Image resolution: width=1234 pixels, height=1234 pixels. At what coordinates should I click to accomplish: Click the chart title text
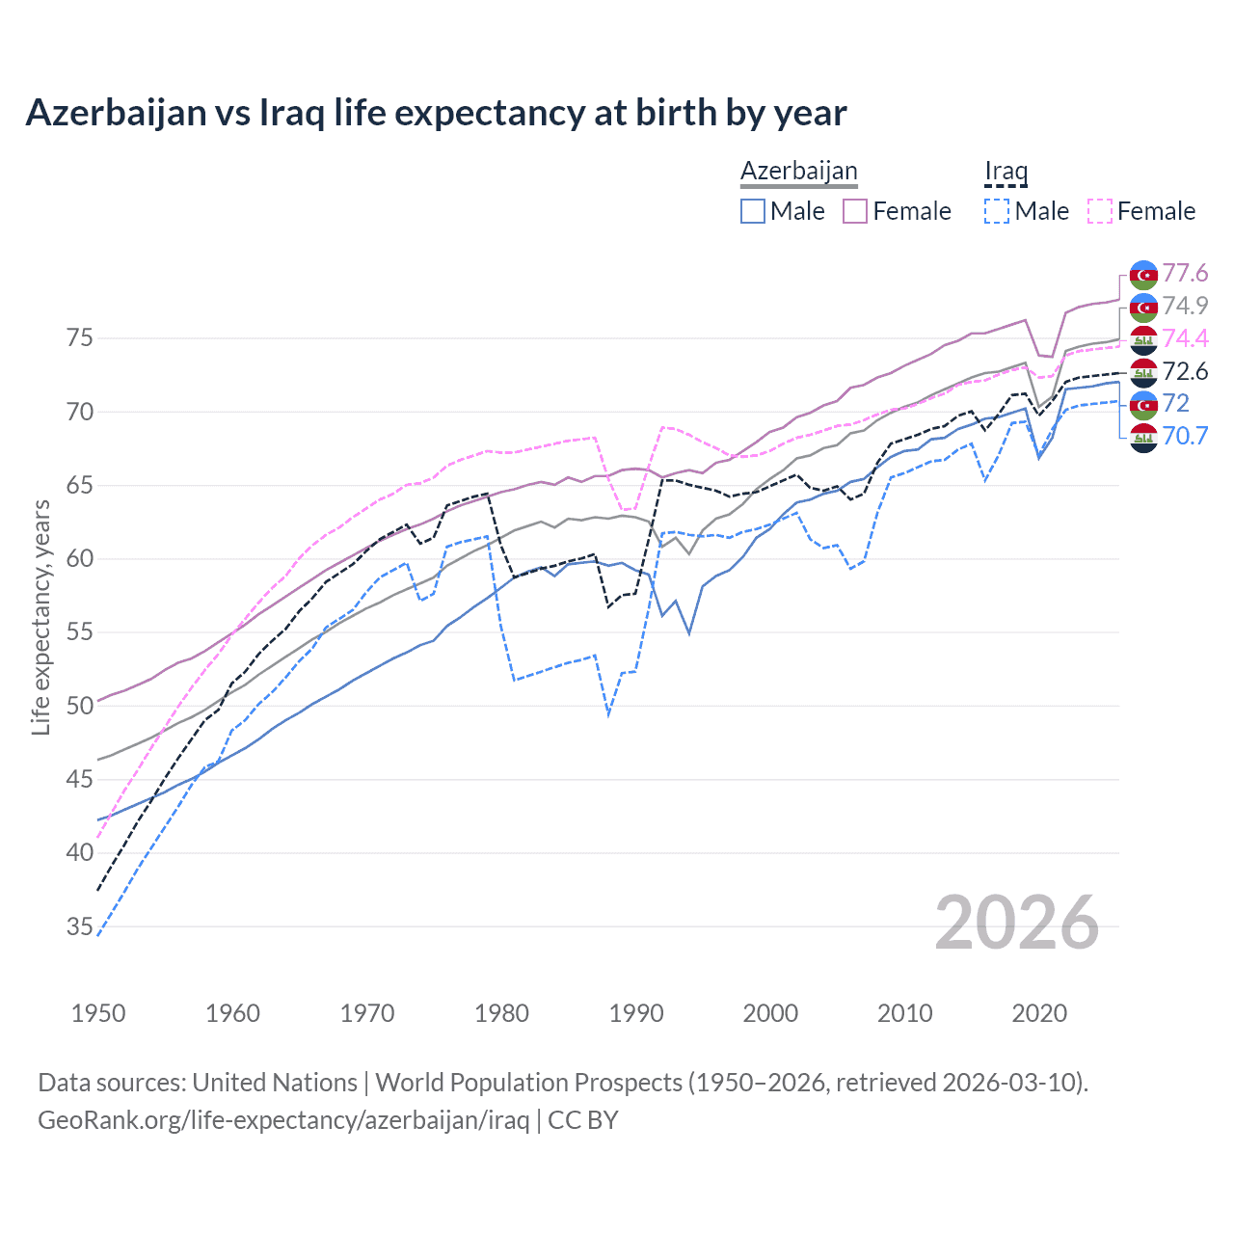436,113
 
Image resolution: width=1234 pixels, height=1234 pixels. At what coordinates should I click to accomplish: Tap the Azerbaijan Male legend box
753,211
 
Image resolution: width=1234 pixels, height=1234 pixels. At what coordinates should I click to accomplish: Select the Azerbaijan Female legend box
855,211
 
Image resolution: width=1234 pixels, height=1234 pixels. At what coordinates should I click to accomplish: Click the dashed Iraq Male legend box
997,211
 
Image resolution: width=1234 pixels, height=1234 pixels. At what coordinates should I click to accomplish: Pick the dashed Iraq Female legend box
1099,211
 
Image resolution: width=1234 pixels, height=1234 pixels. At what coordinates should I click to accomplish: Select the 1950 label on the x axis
98,1013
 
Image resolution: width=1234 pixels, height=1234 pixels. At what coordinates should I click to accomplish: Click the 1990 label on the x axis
636,1013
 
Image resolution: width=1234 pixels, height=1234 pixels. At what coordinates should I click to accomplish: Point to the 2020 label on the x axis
1039,1013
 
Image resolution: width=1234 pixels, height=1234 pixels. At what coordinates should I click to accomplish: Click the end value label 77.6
1185,274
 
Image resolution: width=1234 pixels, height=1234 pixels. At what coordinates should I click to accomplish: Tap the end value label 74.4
1185,338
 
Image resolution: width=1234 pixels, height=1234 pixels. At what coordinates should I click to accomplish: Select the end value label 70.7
1185,436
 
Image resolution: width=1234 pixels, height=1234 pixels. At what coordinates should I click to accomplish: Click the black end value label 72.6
1185,371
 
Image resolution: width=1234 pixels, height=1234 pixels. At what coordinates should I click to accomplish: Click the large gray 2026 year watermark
1017,924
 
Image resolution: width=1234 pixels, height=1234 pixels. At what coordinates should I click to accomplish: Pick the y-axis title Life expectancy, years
40,617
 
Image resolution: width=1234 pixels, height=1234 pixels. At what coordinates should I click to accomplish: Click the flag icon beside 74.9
1143,307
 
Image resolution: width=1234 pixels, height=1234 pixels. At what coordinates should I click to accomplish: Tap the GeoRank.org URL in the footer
283,1120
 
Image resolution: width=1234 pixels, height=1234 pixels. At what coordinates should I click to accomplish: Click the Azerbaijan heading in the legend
798,171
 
